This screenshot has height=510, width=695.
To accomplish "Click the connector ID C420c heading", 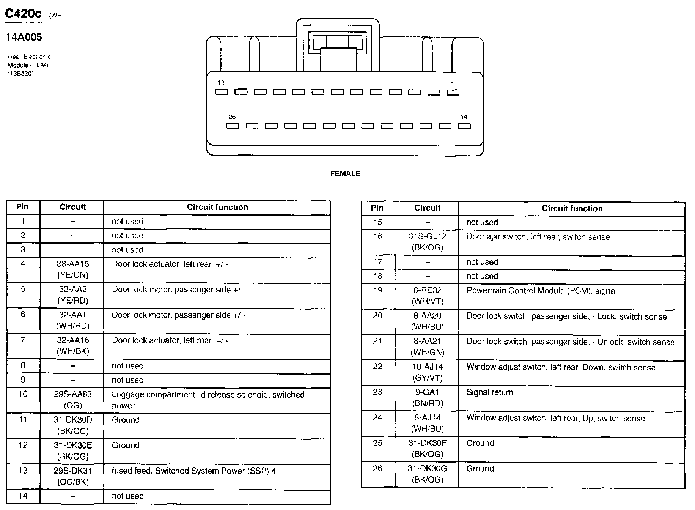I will click(x=23, y=14).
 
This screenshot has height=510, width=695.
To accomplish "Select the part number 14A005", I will click(x=24, y=37).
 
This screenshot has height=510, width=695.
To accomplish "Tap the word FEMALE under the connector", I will click(x=345, y=173).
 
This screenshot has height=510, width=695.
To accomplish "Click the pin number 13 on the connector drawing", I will click(x=221, y=82).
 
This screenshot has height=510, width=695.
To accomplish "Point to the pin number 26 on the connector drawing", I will click(x=232, y=117).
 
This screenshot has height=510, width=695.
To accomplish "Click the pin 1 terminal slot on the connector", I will click(x=453, y=92).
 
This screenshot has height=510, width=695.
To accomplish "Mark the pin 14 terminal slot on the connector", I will click(x=464, y=126).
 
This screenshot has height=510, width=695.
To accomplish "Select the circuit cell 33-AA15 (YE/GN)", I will click(x=72, y=269).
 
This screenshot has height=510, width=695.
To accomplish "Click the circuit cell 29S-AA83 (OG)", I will click(x=72, y=400).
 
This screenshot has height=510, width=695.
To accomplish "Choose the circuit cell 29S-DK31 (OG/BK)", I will click(x=72, y=476).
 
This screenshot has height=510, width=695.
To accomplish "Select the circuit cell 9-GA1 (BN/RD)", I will click(x=427, y=398).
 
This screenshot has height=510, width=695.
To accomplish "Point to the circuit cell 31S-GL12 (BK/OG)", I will click(x=427, y=242).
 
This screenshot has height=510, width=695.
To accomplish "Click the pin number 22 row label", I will click(x=377, y=367).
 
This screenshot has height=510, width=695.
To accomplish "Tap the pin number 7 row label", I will click(x=23, y=340).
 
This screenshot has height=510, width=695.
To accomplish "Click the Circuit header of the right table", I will click(x=427, y=208).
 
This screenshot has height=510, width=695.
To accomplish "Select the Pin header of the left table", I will click(x=22, y=207).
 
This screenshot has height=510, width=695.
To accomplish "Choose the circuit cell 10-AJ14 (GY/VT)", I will click(x=427, y=372).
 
